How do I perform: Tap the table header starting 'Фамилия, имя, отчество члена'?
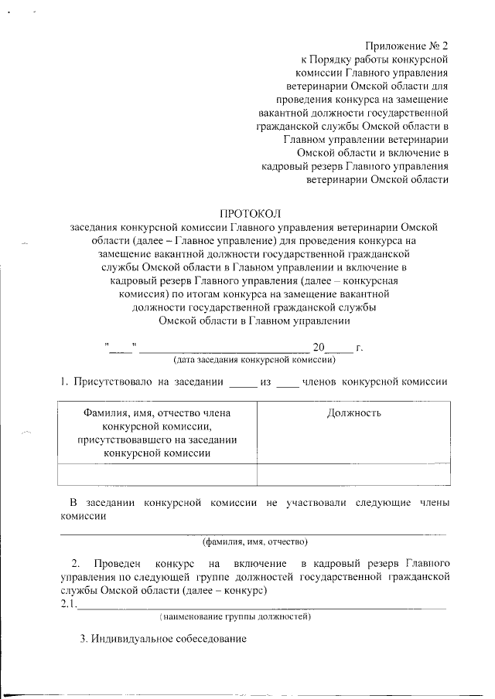tap(157, 433)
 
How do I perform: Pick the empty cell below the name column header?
tap(157, 473)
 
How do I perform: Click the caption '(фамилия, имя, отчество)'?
tap(254, 540)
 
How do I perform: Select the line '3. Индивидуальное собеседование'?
tap(163, 640)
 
